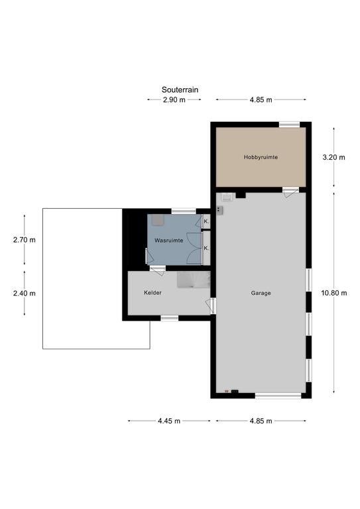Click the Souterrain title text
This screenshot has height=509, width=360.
point(180,89)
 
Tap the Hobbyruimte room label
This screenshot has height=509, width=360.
point(261,157)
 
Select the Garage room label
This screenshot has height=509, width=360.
point(261,293)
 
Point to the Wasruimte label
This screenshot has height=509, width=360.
point(169,241)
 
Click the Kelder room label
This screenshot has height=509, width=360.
point(152,292)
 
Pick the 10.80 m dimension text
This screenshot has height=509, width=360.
point(334,293)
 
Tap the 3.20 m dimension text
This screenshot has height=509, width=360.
point(334,158)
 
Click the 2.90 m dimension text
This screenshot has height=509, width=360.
point(174,99)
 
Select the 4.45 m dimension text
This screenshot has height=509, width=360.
point(169,421)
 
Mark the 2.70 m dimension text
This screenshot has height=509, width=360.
point(25,240)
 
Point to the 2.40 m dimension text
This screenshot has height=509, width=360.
point(25,293)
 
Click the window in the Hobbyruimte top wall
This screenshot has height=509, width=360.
point(290,125)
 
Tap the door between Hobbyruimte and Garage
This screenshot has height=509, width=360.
point(290,191)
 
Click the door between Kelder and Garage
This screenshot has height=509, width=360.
point(211,306)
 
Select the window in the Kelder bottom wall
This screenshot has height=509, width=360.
point(170,318)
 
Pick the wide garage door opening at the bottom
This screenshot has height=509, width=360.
point(278,396)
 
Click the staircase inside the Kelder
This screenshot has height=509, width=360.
point(194,280)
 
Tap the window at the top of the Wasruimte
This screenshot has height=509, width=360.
point(184,211)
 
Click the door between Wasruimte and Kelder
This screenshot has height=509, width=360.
point(158,270)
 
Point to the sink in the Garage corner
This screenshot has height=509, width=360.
point(227,197)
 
